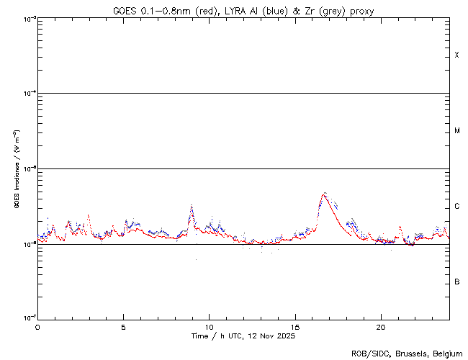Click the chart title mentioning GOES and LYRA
coord(243,11)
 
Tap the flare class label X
coord(456,55)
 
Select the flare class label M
coord(456,131)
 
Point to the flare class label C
coord(456,207)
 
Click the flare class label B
coord(456,282)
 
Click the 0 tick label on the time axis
coord(37,326)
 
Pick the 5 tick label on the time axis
coord(123,326)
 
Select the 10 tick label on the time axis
coord(209,326)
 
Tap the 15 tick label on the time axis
coord(294,326)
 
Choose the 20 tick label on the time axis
coord(380,326)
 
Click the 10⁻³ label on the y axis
coord(26,19)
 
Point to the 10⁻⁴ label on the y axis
coord(26,94)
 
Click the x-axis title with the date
coord(243,336)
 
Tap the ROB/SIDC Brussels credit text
coord(405,353)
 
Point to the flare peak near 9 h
coord(192,207)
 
